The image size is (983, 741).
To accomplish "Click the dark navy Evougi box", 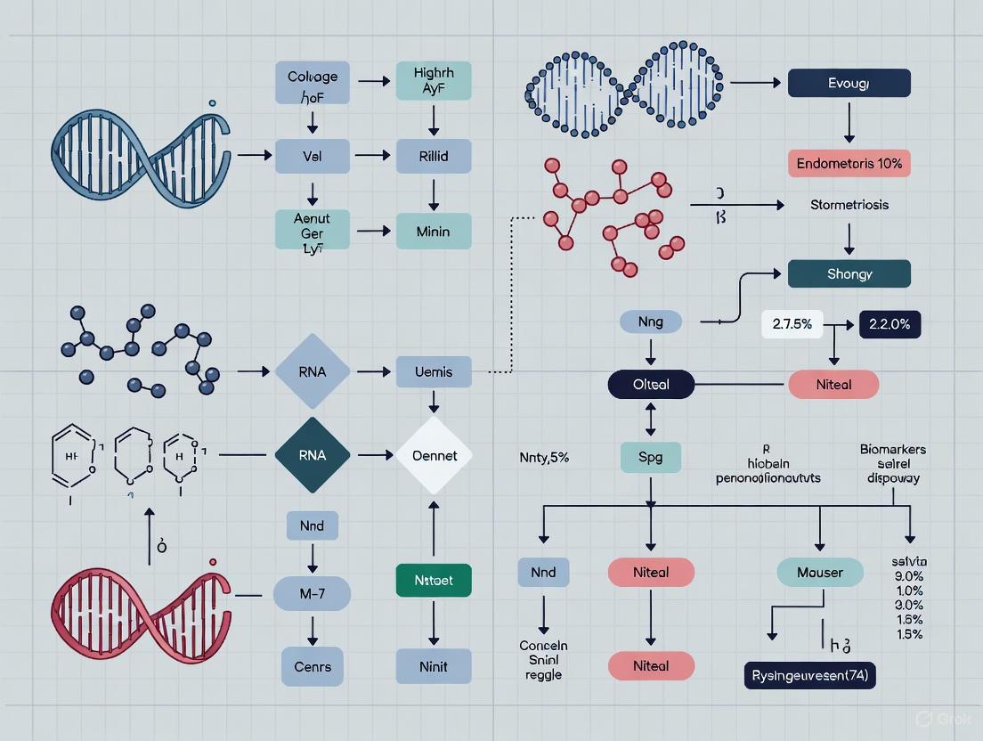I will point(849,84).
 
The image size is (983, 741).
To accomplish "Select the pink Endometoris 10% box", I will point(849,163).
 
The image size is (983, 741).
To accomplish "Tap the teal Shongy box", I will point(849,273).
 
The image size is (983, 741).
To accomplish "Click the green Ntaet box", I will point(434,580).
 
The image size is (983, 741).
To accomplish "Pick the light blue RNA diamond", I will point(313,371).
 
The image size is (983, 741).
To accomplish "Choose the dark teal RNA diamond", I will point(313,455).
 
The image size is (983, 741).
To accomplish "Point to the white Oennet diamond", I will point(434,455).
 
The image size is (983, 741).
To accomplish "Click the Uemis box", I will point(434,371).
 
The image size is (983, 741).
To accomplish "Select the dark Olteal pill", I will point(651,385).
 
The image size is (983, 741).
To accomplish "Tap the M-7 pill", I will point(312,592).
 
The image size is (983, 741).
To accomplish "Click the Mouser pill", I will point(819,573).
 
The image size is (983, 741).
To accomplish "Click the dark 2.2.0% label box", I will point(889,325).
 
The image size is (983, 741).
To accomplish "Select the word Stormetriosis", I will point(849,205).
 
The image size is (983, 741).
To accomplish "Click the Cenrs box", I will point(312,666).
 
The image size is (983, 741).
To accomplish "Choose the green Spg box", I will point(651,458).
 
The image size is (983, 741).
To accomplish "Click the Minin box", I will point(434,232).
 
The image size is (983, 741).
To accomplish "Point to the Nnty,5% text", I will point(544,458).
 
